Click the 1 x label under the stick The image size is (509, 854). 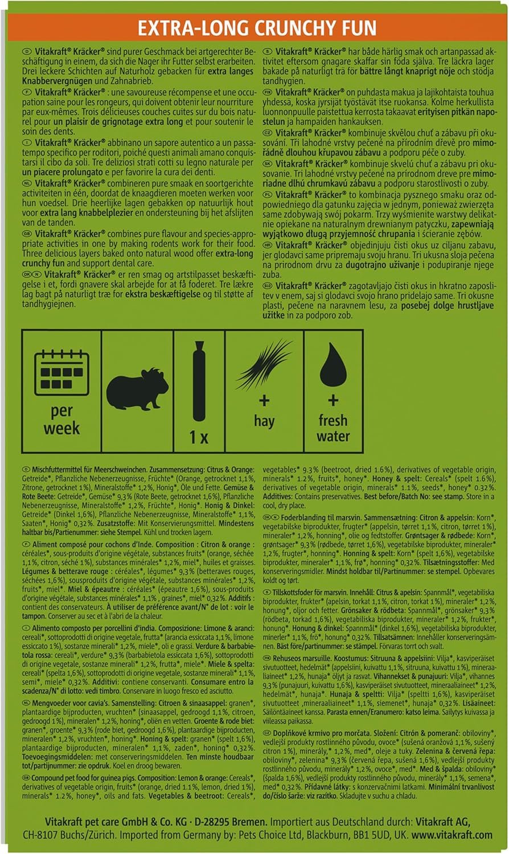199,437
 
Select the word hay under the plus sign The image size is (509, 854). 264,421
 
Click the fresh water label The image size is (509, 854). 333,428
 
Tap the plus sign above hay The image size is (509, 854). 264,401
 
